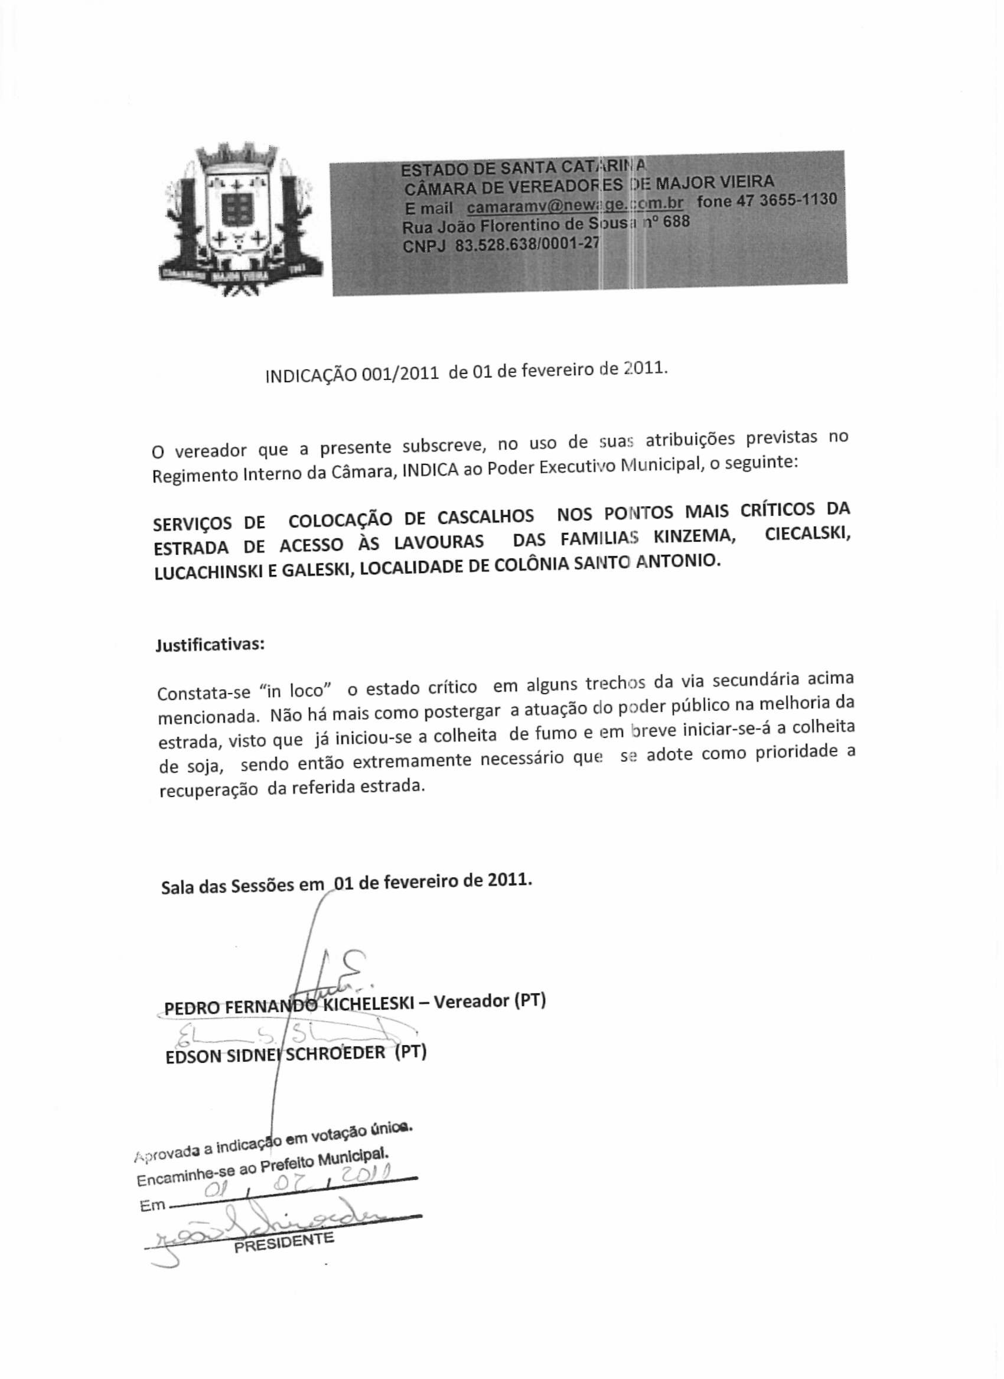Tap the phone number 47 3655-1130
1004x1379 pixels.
pos(787,200)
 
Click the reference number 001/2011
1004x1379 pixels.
pos(399,373)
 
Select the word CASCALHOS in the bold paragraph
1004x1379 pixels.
pos(485,517)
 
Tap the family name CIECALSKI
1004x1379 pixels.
pos(807,535)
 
